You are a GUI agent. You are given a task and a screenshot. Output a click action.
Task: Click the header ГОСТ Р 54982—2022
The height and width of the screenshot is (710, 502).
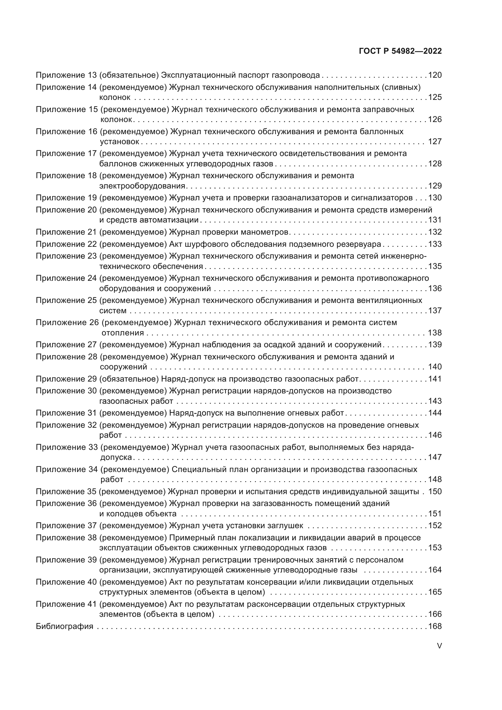click(400, 51)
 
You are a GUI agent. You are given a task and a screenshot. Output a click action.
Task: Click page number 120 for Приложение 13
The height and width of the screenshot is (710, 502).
click(435, 75)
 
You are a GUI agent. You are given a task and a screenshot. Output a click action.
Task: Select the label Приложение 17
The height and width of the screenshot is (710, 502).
click(66, 153)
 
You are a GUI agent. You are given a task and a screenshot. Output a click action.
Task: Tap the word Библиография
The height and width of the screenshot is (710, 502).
click(65, 627)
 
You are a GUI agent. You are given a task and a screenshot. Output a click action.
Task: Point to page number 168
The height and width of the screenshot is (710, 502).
click(435, 627)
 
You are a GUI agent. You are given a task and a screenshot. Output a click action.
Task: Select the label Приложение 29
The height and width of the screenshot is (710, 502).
click(66, 379)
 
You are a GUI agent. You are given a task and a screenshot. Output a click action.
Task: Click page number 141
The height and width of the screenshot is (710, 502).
click(435, 379)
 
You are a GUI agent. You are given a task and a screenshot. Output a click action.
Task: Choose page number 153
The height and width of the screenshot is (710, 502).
click(435, 548)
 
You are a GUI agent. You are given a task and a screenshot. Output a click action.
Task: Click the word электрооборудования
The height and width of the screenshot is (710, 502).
click(142, 186)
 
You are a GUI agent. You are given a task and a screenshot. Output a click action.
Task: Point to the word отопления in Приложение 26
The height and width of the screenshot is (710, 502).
click(123, 333)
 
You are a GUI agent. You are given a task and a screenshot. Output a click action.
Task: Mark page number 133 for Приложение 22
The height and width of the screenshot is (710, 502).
click(435, 244)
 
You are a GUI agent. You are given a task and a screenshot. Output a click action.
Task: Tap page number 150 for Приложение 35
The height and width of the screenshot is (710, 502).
click(435, 491)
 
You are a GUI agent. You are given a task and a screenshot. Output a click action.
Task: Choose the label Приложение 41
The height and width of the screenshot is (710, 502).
click(66, 604)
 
